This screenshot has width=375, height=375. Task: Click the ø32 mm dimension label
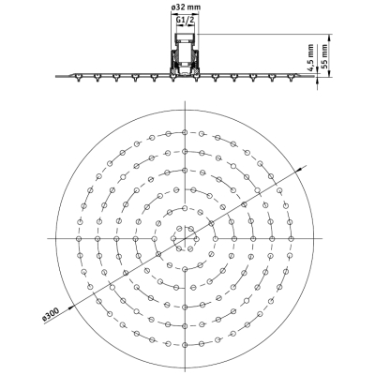coord(186,7)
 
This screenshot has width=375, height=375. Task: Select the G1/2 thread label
coord(186,20)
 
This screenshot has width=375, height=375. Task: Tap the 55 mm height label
coord(325,56)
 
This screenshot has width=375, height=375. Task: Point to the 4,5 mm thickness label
coord(310,58)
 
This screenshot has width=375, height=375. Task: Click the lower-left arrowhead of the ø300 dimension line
coord(71,307)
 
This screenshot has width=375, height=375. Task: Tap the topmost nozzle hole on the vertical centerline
coord(185,132)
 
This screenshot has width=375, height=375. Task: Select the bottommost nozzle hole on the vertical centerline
coord(185,345)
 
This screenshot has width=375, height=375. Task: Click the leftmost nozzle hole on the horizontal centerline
coord(79,239)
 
